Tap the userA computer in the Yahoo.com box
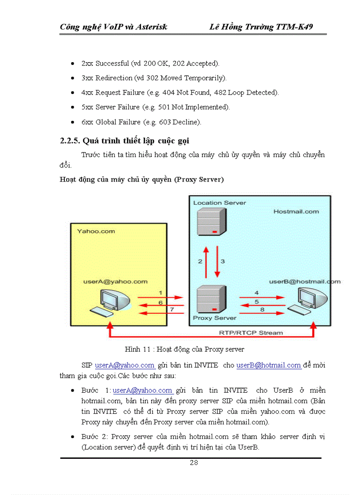(110, 302)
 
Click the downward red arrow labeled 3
(217, 261)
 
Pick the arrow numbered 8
(262, 313)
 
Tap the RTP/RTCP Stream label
(251, 332)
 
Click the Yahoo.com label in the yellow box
(96, 231)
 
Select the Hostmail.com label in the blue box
(296, 212)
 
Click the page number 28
(194, 462)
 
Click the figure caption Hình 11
(184, 349)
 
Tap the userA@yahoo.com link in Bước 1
(143, 391)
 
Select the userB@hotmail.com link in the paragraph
(269, 365)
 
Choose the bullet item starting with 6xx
(141, 122)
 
